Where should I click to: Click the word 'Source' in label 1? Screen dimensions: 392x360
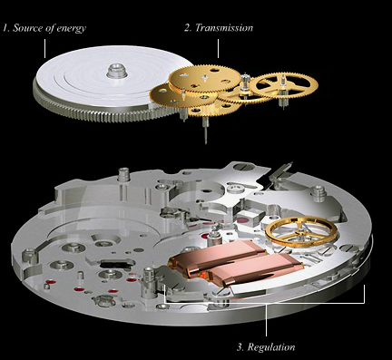27,28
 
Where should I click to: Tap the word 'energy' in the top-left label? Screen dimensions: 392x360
72,29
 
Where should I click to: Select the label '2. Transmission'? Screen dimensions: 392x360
219,28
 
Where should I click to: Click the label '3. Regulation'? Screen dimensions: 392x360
266,347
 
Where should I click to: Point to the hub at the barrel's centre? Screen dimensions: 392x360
116,70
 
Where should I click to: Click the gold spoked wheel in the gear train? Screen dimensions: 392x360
283,85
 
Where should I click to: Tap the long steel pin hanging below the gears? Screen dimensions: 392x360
206,131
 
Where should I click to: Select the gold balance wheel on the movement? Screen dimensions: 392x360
302,231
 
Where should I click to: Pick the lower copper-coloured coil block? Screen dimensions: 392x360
256,269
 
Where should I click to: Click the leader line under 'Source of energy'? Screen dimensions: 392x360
44,48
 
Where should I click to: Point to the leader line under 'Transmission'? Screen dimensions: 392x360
218,48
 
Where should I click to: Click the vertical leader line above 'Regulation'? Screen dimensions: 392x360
267,319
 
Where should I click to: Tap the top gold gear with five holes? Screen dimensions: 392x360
205,79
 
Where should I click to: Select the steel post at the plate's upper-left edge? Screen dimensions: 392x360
123,175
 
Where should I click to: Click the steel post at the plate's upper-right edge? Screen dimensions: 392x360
318,193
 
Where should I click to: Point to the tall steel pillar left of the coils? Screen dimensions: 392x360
149,283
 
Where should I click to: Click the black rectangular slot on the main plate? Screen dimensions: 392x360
114,264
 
